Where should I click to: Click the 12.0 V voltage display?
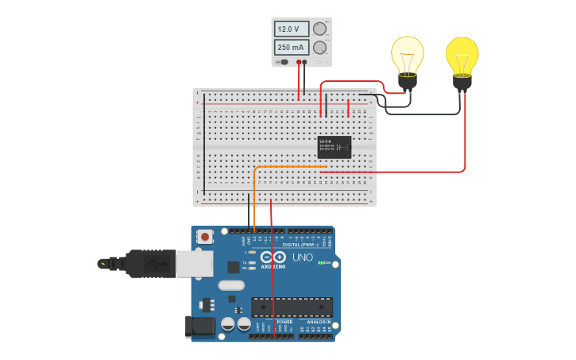tap(291, 29)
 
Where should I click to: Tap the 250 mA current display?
tap(291, 48)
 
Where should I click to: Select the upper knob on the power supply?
tap(319, 29)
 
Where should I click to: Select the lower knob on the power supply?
tap(319, 48)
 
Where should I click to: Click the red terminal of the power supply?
tap(299, 61)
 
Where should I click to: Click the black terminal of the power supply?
tap(304, 61)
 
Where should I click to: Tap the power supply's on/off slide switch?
tap(283, 61)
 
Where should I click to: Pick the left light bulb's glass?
tap(407, 54)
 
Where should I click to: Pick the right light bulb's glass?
tap(462, 54)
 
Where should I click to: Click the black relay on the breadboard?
tap(334, 147)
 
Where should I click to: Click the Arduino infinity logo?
tap(273, 257)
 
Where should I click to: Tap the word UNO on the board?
tap(303, 257)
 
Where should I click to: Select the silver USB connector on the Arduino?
tap(193, 263)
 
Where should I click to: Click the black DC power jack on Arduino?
tap(199, 326)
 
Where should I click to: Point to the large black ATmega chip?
tap(292, 307)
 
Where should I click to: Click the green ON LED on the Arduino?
tap(320, 262)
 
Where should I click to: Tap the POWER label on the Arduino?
tap(273, 322)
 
